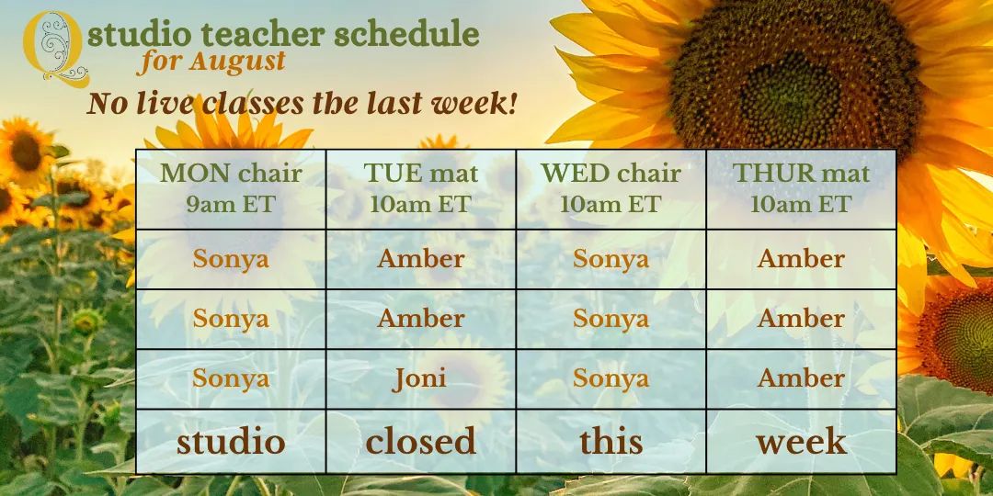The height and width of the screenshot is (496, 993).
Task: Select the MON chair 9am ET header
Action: pos(231,188)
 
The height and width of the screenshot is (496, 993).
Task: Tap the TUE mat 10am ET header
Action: pos(421,188)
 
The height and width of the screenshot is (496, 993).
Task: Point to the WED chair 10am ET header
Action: pos(611,188)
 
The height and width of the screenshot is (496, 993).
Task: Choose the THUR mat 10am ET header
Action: pos(801,188)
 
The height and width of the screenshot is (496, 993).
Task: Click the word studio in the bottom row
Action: pos(231,441)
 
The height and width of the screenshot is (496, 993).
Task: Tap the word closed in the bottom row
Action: pos(420,441)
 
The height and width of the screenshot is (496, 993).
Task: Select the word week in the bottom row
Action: pos(801,441)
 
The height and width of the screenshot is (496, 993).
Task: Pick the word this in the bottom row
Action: pos(611,441)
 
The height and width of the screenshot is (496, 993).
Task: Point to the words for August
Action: pos(211,62)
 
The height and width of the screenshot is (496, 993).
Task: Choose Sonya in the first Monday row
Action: pos(231,259)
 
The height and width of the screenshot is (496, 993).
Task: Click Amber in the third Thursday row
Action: pos(801,378)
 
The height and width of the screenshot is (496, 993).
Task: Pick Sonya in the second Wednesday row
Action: pos(611,319)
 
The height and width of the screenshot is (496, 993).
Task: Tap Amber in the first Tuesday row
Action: pos(420,259)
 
